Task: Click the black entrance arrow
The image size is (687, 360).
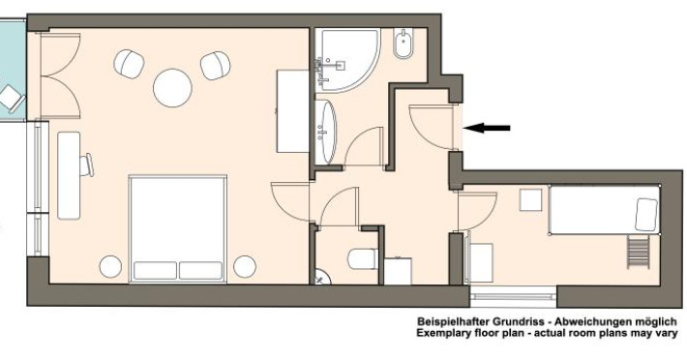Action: coord(487,128)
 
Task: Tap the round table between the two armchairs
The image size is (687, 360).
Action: coord(172,88)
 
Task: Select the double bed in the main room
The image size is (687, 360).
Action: coord(177,229)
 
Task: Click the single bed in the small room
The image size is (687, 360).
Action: coord(605,209)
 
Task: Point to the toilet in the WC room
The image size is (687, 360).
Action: coord(363,258)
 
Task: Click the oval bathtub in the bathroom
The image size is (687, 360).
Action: coord(326,132)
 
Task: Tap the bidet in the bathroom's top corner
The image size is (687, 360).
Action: coord(403,44)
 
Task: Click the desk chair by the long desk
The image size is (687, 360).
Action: coord(87,165)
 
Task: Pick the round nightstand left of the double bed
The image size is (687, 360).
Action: coord(110,266)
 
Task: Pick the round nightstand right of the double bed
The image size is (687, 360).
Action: coord(245,266)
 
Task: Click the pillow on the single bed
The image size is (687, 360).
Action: coord(646,215)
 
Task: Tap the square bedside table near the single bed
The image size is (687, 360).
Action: coord(531,199)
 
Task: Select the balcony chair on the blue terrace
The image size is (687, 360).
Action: coord(11,99)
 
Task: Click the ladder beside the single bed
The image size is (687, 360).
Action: coord(638,252)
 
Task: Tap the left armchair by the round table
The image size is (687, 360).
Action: coord(130,64)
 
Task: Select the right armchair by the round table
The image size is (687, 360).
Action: coord(215,66)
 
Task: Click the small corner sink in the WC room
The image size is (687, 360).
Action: coord(322,277)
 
